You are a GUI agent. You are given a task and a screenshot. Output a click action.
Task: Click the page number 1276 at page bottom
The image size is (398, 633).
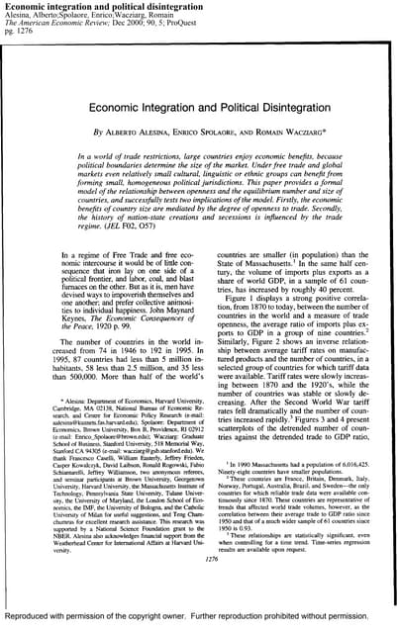click(200, 587)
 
